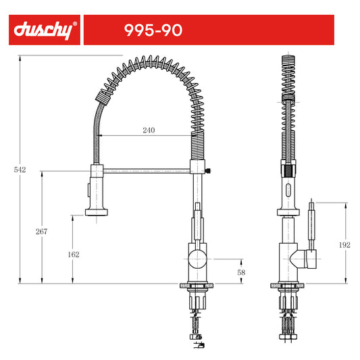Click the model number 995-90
153,30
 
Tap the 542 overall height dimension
20,170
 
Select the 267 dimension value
42,232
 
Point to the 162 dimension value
74,255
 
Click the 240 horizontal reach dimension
149,130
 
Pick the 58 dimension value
241,272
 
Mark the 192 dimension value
344,245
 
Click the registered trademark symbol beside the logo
74,24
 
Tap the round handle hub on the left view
197,259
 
